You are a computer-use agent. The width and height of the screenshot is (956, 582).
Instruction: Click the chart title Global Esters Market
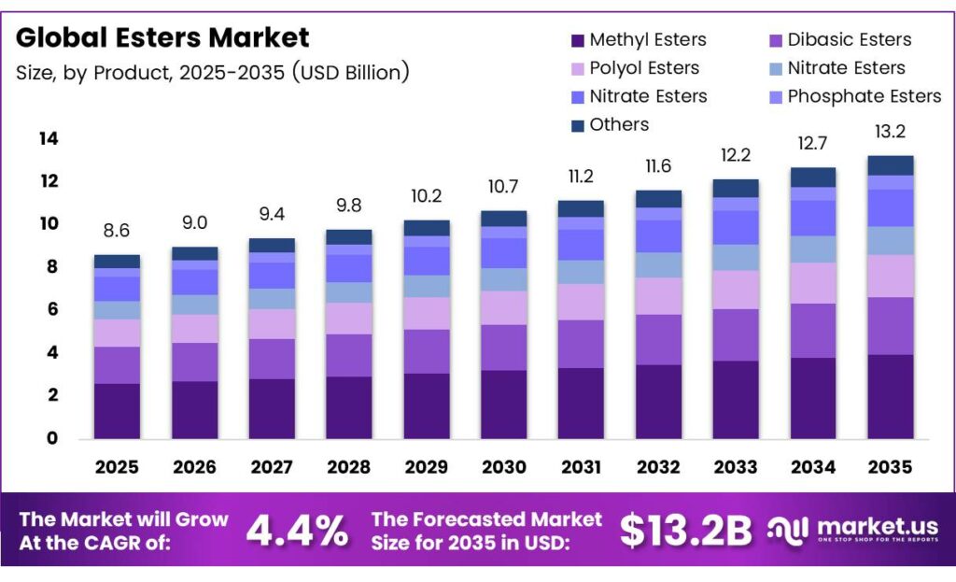[x=162, y=38]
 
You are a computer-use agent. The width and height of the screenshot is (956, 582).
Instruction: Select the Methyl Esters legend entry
[x=647, y=39]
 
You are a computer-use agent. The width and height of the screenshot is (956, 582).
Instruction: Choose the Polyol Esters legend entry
[x=643, y=67]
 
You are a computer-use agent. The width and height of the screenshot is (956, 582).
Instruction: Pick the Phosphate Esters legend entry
[x=864, y=95]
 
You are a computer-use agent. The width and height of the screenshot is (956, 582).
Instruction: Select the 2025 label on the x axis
[x=117, y=467]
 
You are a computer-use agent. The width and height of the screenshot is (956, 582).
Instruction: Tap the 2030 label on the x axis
[x=503, y=467]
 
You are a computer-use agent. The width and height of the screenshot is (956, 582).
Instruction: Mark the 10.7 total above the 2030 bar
[x=503, y=185]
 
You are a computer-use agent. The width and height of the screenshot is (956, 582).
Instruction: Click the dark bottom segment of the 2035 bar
[x=890, y=396]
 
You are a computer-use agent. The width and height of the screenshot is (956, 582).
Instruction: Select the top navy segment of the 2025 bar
[x=117, y=262]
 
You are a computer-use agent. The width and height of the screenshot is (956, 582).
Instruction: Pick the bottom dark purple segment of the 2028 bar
[x=348, y=407]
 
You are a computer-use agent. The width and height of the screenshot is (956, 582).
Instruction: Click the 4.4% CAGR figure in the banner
[x=297, y=531]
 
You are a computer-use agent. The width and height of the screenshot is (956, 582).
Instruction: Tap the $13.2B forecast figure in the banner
[x=685, y=531]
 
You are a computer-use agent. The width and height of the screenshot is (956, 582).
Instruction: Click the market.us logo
[x=851, y=530]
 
